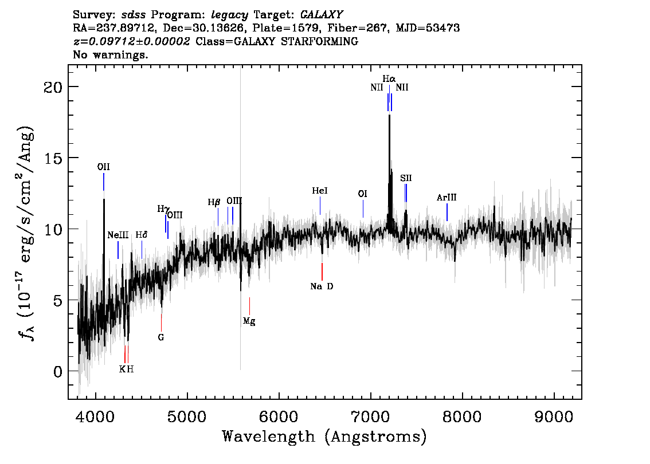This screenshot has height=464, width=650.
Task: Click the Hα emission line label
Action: point(389,78)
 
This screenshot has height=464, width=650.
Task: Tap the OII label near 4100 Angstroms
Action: point(104,167)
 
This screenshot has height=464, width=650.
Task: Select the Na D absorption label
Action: point(322,286)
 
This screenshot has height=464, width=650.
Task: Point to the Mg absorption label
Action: point(249,321)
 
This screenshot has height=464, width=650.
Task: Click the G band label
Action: point(161,337)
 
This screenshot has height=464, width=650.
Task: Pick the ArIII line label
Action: point(447,198)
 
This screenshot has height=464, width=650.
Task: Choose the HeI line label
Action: point(320,191)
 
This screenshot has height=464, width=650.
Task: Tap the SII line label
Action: point(406,178)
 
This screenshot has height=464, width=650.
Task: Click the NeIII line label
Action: point(118,235)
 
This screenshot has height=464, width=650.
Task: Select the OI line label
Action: point(363,194)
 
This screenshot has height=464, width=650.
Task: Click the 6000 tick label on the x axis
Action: point(279,417)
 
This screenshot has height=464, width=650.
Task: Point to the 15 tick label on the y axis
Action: point(53,158)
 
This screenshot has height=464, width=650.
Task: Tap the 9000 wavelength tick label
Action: point(554,417)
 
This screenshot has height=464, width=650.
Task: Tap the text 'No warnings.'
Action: point(110,54)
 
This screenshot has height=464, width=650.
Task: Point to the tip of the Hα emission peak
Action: point(389,115)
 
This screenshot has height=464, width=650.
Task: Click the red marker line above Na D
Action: point(322,272)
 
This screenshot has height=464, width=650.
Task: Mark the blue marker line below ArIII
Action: point(447,212)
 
